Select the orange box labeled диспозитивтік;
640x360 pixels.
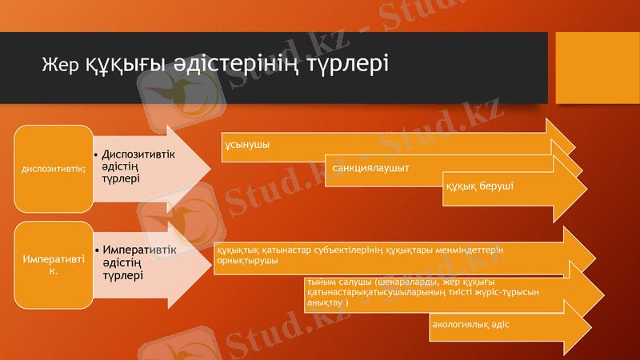point(54,168)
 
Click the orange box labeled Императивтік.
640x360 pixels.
point(54,266)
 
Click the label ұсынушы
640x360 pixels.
point(247,145)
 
